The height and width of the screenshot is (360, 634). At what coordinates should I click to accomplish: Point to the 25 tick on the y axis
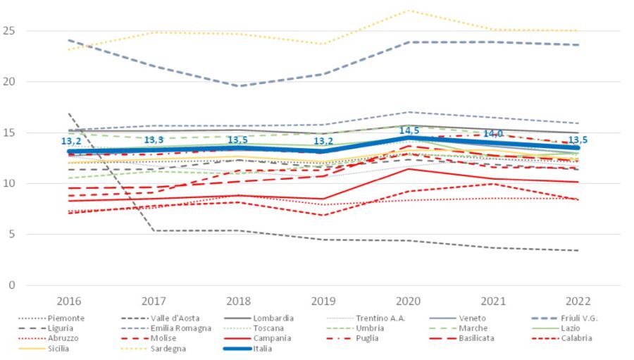click(x=9, y=31)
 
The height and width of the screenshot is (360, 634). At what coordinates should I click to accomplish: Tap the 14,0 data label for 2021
click(x=492, y=134)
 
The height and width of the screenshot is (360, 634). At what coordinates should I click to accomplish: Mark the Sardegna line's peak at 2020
click(x=408, y=11)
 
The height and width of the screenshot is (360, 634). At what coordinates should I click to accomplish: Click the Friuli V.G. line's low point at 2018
click(x=240, y=86)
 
